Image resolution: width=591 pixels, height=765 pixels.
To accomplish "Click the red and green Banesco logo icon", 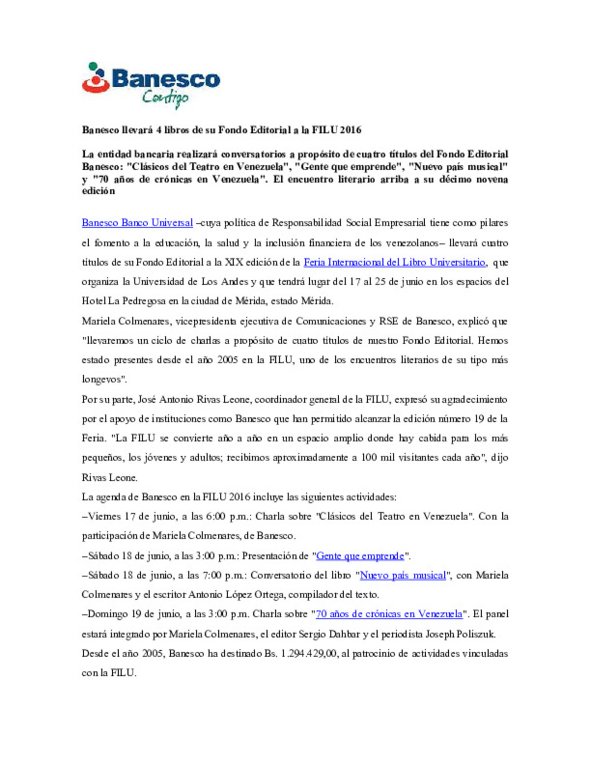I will pyautogui.click(x=95, y=78).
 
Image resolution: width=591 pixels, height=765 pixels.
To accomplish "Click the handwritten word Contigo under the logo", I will pyautogui.click(x=165, y=98).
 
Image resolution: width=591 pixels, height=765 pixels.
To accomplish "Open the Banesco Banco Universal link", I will pyautogui.click(x=137, y=223).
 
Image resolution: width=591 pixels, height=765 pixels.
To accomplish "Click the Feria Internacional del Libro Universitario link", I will pyautogui.click(x=394, y=262).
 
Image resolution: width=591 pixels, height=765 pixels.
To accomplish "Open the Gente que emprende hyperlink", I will pyautogui.click(x=360, y=556).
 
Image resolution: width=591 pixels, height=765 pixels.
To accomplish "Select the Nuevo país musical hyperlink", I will pyautogui.click(x=403, y=575).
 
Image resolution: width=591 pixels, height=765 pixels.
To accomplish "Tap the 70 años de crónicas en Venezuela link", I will pyautogui.click(x=389, y=614).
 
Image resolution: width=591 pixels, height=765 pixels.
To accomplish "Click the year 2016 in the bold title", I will pyautogui.click(x=350, y=130).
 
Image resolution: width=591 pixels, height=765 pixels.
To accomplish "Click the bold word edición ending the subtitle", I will pyautogui.click(x=99, y=191).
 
